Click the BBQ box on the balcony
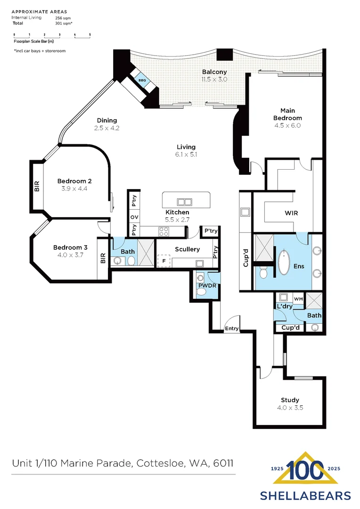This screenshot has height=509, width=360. [142, 81]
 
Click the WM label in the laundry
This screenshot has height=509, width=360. [298, 299]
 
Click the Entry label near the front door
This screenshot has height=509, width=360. [232, 328]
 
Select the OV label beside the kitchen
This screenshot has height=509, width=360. [134, 217]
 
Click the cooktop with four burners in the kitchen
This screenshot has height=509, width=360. [164, 231]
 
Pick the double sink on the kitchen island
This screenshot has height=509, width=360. [184, 202]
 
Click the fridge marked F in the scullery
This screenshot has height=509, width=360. [164, 261]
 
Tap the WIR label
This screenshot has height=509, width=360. [291, 213]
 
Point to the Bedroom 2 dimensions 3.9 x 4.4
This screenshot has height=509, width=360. [74, 189]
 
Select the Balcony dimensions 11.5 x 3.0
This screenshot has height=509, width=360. [214, 79]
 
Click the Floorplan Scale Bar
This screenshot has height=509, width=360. [52, 35]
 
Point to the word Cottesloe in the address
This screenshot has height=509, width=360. [159, 463]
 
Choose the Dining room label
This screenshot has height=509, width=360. [107, 120]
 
